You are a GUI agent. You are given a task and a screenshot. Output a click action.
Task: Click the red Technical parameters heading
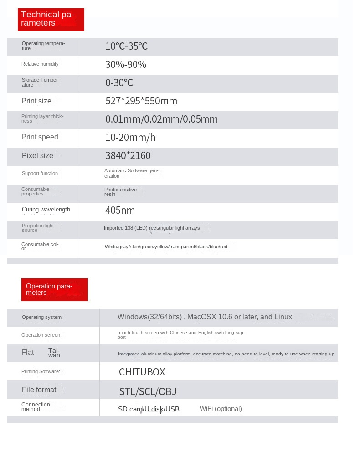pos(51,19)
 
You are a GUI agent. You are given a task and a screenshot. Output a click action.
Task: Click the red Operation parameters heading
pos(54,290)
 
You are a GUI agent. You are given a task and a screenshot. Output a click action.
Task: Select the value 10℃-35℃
pos(126,46)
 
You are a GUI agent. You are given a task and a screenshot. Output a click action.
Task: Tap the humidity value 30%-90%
pos(125,65)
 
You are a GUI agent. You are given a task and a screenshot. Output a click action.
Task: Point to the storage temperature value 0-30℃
pos(119,83)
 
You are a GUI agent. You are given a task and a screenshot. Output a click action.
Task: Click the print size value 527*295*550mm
pos(141,101)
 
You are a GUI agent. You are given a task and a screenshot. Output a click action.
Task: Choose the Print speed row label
pos(40,137)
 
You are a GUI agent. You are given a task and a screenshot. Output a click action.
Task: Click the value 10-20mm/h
pos(130,138)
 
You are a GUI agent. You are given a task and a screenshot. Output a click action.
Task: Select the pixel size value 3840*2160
pos(128,156)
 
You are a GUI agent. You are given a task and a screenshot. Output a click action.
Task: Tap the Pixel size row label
pos(37,156)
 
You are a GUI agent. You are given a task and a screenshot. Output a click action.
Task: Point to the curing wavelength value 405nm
pos(120,211)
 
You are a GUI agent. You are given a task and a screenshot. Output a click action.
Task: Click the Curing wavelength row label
pos(46,210)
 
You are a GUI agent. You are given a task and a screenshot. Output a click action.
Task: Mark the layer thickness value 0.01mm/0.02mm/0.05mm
pos(161,119)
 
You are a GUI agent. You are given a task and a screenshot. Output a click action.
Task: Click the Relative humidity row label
pos(40,64)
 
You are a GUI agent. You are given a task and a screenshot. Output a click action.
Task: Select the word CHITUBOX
pos(142,372)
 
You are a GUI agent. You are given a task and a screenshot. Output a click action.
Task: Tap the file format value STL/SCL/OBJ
pos(148,391)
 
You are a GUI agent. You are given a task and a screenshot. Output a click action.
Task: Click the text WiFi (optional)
pos(221,409)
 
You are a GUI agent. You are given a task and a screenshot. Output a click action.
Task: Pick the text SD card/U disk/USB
pos(149,409)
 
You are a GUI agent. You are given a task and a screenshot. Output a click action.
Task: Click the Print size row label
pos(36,101)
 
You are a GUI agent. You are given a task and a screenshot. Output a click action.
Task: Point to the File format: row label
pos(40,390)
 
